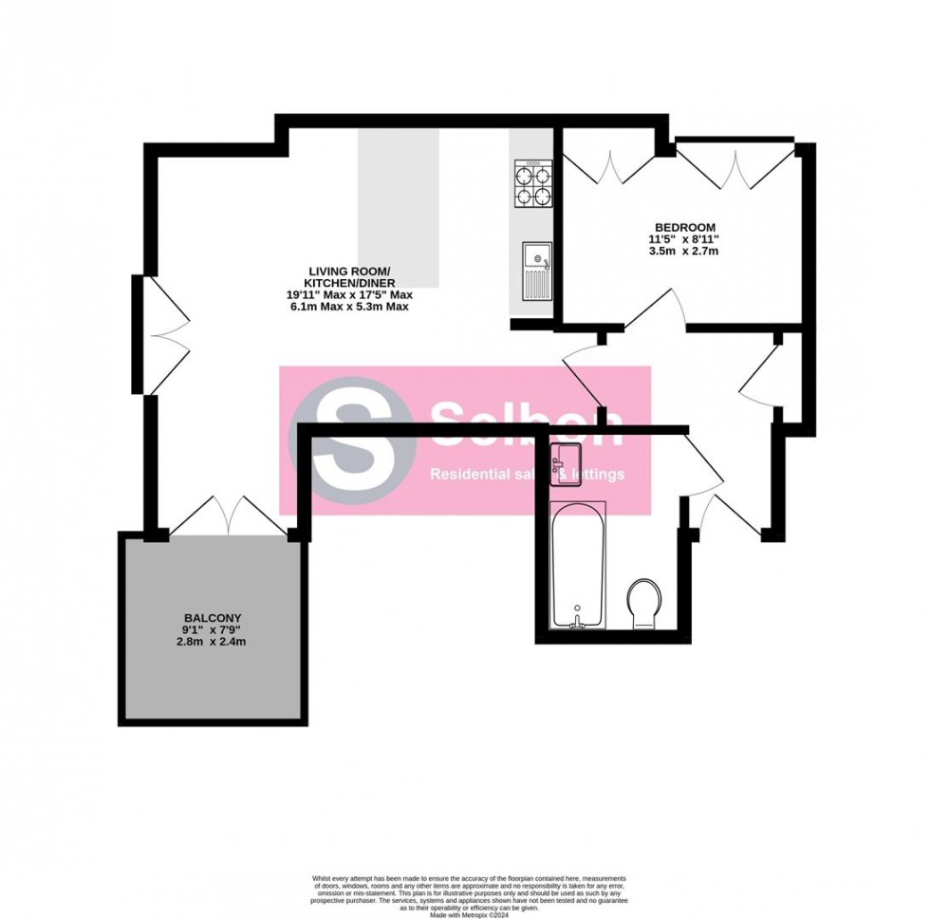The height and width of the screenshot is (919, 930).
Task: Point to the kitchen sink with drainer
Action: point(536,272)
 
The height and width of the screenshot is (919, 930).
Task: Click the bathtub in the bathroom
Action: point(579,565)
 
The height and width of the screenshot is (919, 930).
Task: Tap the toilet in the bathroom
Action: point(648,603)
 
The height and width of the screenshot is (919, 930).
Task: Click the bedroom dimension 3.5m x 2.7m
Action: point(678,252)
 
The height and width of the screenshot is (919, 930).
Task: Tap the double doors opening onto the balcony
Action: point(228,515)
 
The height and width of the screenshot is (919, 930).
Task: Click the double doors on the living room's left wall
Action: point(161,334)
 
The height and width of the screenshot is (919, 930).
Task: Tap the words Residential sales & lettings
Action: point(528,474)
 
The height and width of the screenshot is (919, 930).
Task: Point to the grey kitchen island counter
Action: point(399,208)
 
